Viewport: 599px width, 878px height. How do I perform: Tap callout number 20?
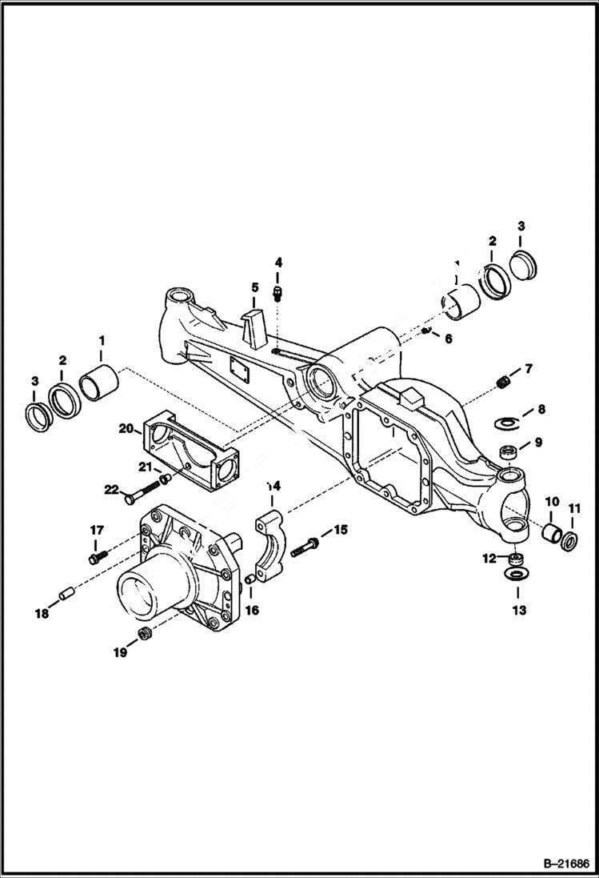[x=126, y=428]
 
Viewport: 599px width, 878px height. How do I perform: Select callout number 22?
[x=110, y=489]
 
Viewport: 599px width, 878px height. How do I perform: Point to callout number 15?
[x=340, y=529]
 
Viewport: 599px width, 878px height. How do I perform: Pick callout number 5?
[x=254, y=287]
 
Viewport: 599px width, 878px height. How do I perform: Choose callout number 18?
[x=40, y=613]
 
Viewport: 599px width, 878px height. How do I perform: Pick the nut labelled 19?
[x=145, y=635]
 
